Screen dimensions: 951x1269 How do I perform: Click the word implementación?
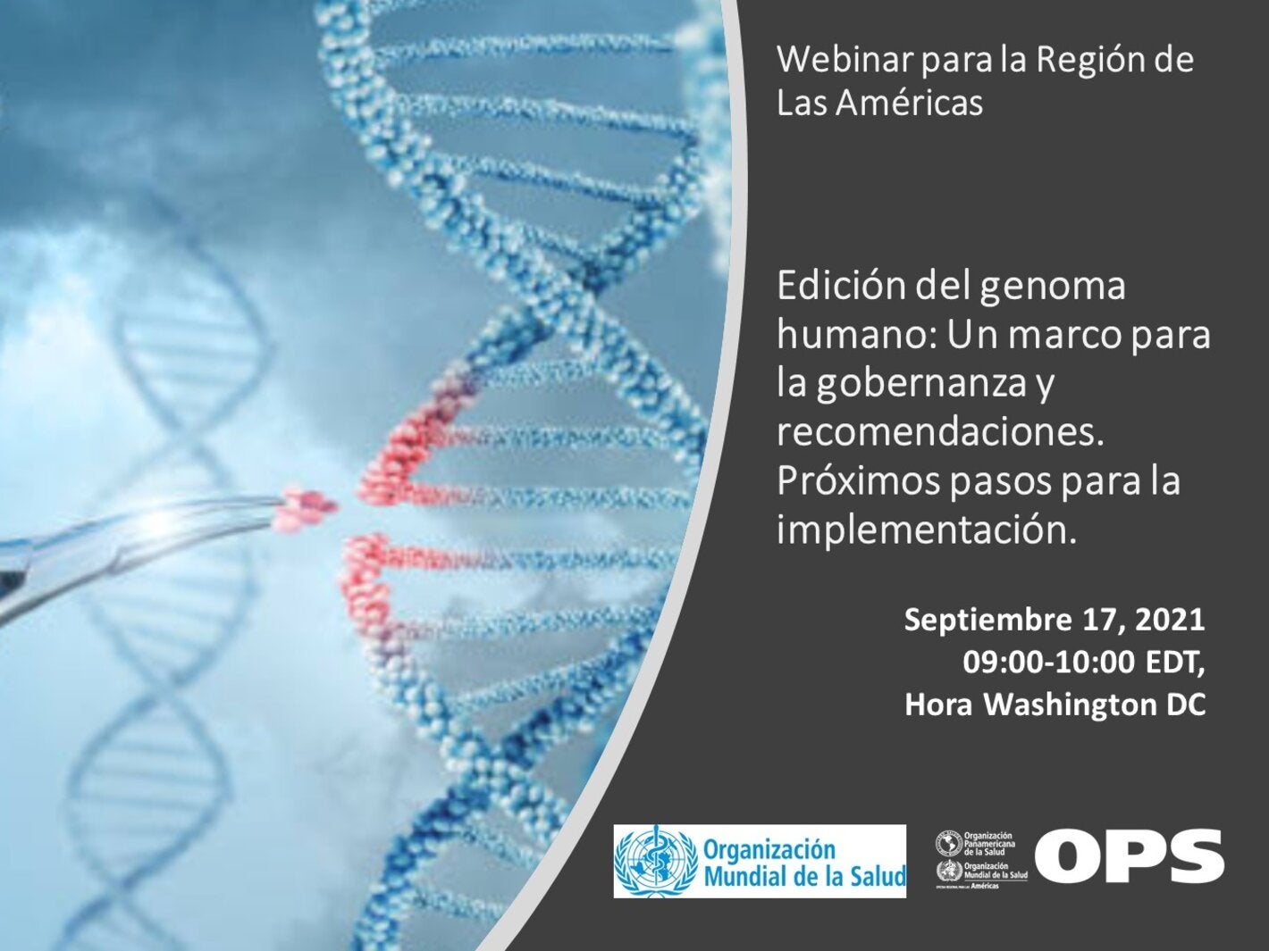point(923,530)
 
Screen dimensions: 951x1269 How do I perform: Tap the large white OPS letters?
point(1130,856)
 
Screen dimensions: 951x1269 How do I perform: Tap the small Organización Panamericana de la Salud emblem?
point(948,843)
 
